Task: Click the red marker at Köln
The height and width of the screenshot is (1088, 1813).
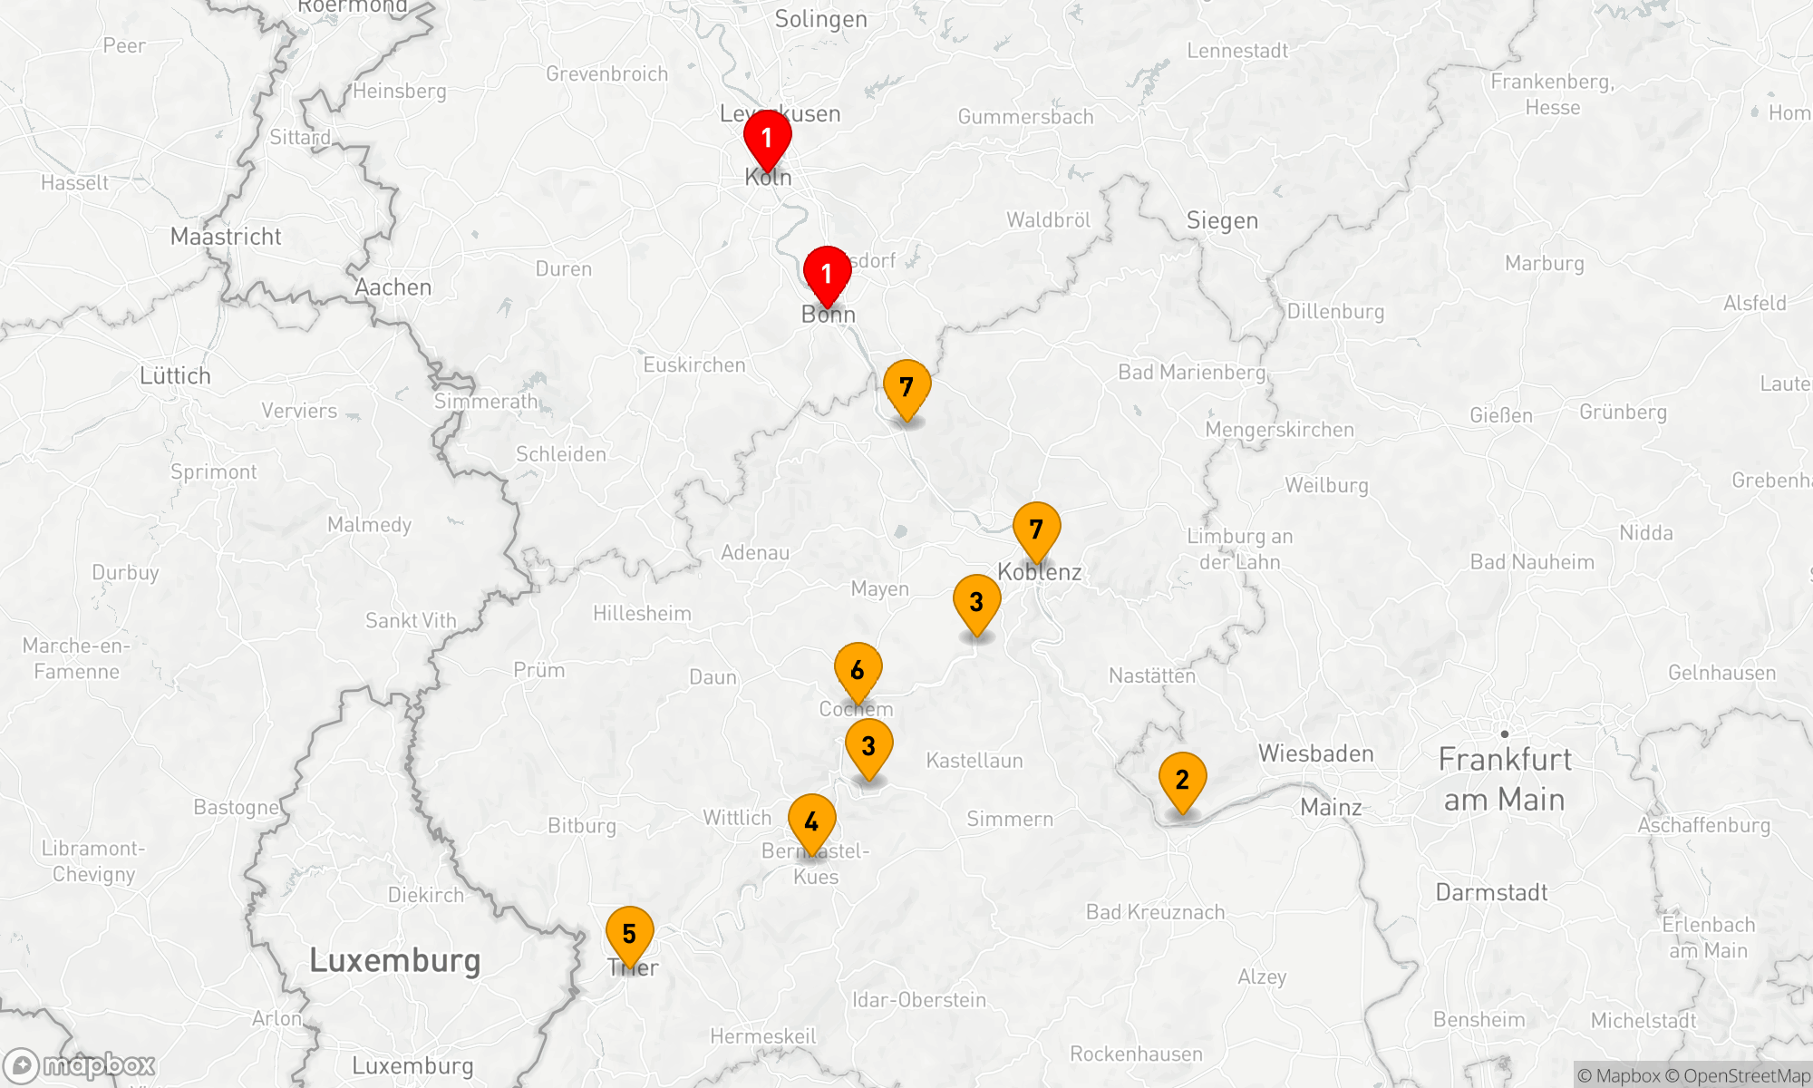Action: pos(767,139)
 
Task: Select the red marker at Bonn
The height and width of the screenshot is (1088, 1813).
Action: pos(827,274)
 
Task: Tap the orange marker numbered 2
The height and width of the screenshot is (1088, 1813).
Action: pos(1182,780)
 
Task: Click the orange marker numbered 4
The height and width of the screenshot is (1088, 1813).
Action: pos(811,821)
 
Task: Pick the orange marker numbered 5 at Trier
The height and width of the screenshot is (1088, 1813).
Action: pos(629,934)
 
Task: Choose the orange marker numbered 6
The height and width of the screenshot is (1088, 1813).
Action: pos(858,671)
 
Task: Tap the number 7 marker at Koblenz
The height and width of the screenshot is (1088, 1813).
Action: pos(1036,529)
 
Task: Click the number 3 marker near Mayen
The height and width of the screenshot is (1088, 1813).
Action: pos(976,602)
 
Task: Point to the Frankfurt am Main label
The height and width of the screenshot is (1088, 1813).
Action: pos(1505,780)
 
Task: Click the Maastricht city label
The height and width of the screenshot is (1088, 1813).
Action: pos(226,237)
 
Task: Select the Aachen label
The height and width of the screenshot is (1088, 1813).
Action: pos(393,287)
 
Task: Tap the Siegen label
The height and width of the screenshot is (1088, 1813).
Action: pos(1222,221)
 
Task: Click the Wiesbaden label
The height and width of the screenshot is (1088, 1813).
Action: pos(1315,753)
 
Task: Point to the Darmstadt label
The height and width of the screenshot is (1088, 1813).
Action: pos(1491,892)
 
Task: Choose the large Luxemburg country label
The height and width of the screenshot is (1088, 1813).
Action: pos(394,960)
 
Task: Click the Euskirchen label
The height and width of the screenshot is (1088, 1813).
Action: pos(694,365)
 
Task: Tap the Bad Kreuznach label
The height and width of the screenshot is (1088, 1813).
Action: pos(1155,912)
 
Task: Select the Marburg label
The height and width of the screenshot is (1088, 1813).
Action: pos(1544,264)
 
